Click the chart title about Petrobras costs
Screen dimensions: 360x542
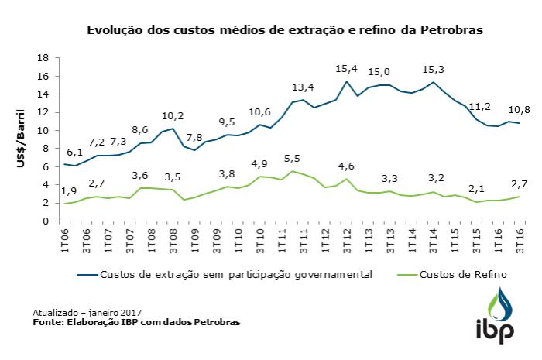[284, 31]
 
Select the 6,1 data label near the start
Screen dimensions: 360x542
[74, 153]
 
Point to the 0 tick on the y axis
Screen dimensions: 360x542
[46, 221]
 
